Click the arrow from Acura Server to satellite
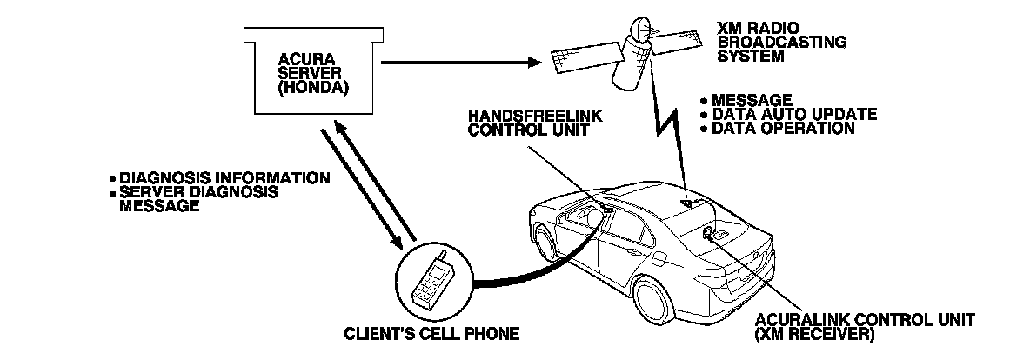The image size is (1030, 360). click(461, 62)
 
